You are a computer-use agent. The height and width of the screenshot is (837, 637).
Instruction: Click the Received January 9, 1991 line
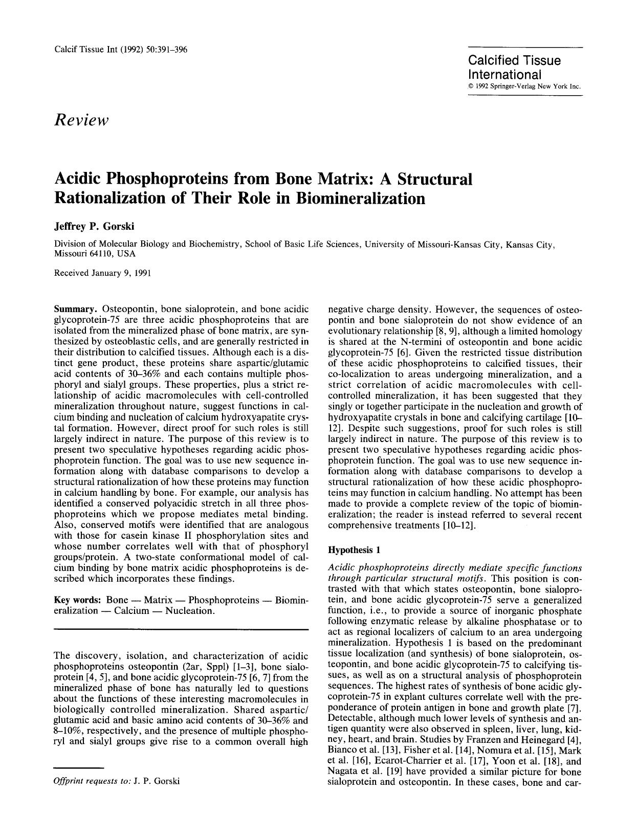(102, 273)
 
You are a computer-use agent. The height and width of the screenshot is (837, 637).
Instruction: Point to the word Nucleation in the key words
(190, 611)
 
